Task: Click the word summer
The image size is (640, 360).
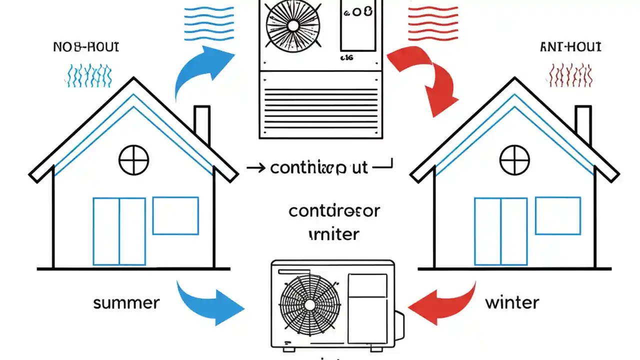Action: point(126,302)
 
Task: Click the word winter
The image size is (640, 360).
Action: point(512,302)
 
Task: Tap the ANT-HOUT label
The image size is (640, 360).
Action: point(570,48)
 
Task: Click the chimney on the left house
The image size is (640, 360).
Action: point(201,125)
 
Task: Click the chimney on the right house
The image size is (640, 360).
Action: point(583,125)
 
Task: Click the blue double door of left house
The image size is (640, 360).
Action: point(119,231)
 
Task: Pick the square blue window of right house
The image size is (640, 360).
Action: point(557,215)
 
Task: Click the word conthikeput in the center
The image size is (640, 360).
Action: point(319,167)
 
